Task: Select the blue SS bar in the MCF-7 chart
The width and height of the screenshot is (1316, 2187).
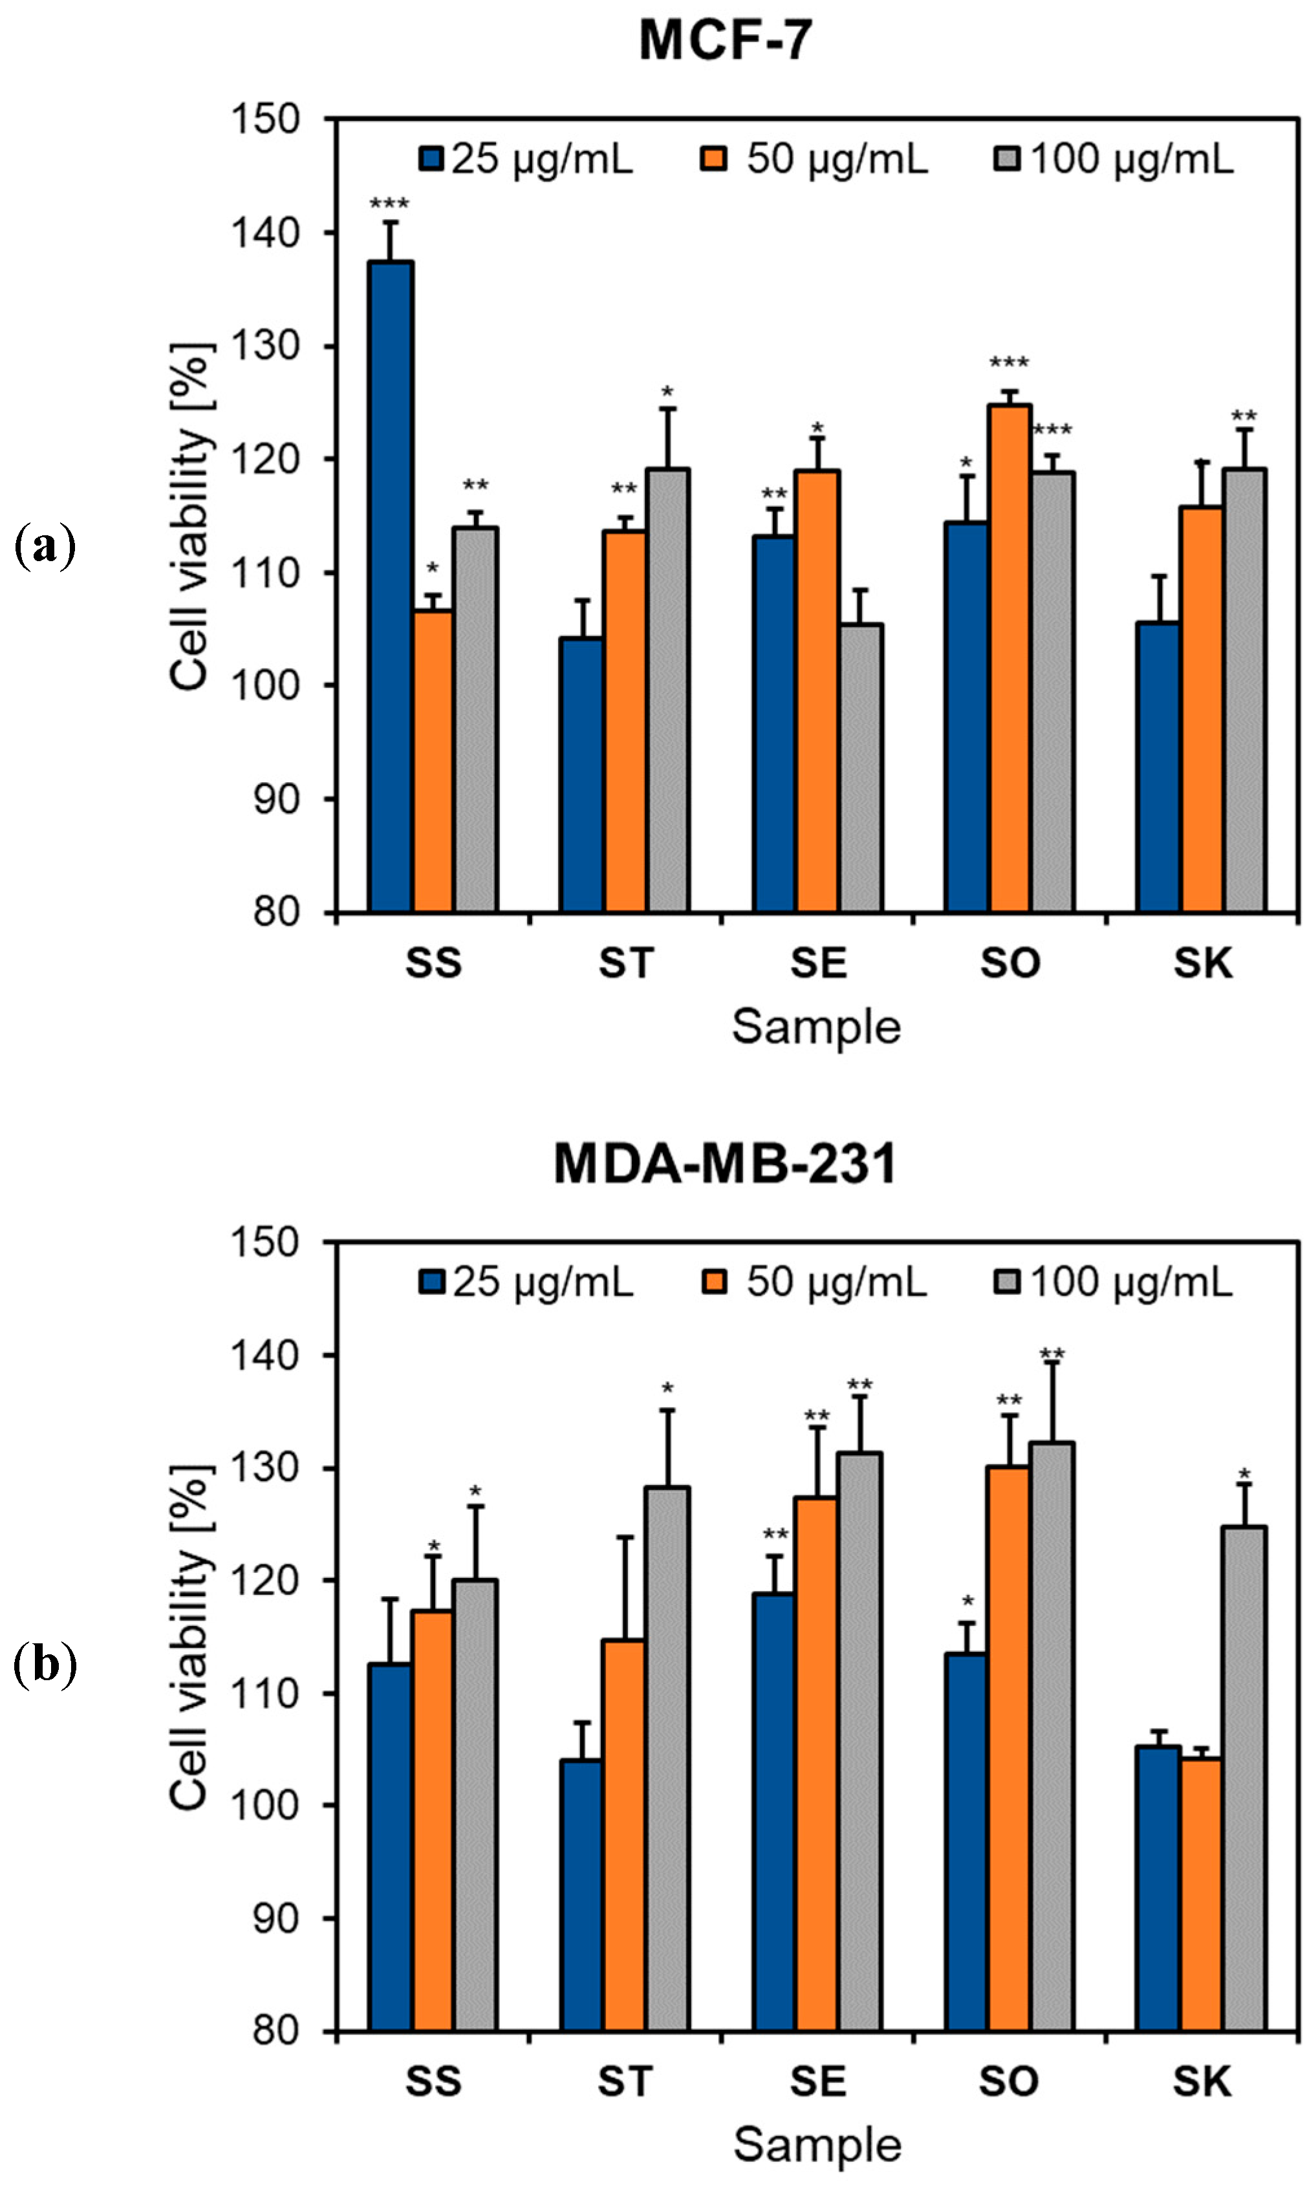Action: coord(391,585)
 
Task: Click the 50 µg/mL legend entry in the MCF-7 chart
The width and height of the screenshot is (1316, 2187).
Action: coord(814,160)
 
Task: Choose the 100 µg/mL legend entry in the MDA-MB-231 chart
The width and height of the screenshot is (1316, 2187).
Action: coord(1112,1282)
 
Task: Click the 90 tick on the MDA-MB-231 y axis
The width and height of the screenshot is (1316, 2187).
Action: coord(275,1918)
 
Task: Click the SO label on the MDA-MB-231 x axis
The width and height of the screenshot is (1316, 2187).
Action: coord(1009,2082)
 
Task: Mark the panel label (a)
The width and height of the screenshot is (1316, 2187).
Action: coord(45,547)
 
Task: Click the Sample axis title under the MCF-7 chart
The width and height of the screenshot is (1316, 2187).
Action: coord(816,1027)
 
